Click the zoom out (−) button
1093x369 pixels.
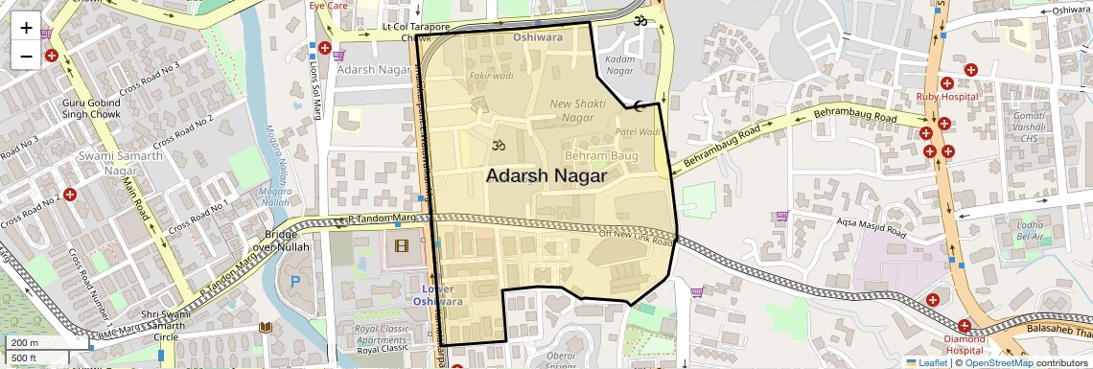pos(26,57)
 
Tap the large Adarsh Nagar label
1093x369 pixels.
pos(546,176)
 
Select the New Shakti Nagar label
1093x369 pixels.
pos(578,110)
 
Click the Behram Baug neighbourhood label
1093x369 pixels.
pos(601,155)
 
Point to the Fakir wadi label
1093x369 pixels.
pos(491,76)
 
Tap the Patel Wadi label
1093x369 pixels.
pos(638,132)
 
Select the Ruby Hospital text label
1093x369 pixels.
pos(946,96)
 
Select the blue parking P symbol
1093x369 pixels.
pos(295,283)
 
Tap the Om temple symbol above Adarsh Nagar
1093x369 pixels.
pos(497,146)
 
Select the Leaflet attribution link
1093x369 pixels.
pos(926,362)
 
